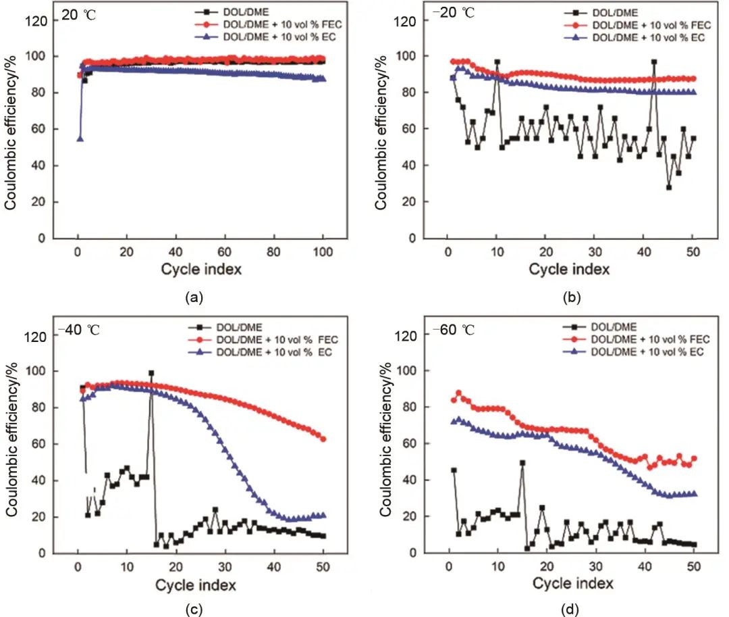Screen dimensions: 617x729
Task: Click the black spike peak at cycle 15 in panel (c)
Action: point(151,373)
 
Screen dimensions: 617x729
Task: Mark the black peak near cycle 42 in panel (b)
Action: point(654,62)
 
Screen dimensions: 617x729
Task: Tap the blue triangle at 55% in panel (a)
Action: point(80,139)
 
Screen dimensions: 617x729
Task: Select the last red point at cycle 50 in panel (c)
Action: point(323,439)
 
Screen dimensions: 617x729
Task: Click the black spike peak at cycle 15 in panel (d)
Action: point(522,463)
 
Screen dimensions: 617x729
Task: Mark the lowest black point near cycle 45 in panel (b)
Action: point(669,187)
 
